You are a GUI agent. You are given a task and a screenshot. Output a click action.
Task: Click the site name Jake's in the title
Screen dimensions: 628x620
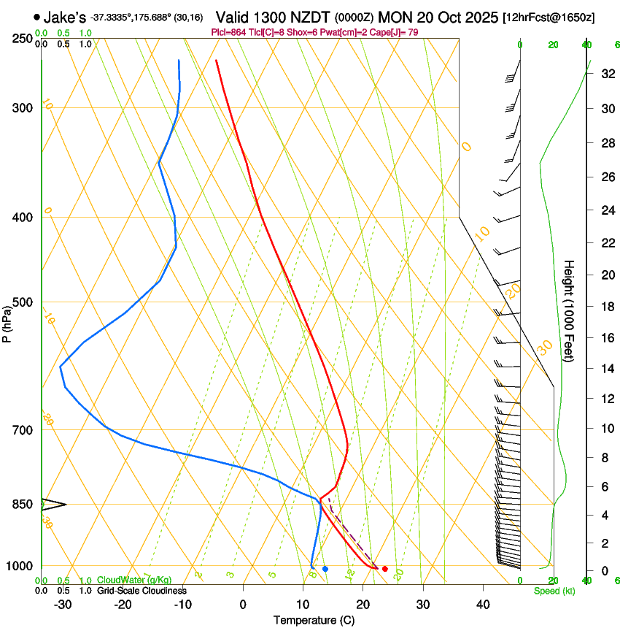[65, 17]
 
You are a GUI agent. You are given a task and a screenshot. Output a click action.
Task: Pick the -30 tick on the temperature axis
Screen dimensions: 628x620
[63, 604]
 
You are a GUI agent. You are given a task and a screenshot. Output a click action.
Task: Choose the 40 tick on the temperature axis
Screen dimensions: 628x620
[482, 604]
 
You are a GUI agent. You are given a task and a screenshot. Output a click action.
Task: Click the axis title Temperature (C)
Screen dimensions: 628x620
[314, 620]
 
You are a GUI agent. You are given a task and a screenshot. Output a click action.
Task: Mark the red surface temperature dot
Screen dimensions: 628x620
[385, 569]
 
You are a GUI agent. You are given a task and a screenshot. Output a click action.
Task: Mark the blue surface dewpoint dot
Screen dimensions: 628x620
[325, 569]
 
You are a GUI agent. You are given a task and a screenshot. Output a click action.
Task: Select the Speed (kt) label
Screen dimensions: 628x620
[554, 591]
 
